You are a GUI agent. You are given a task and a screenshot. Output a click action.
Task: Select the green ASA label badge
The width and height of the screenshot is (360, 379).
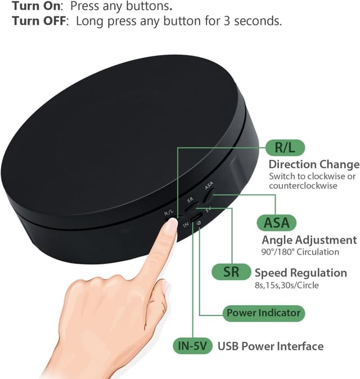[276, 222]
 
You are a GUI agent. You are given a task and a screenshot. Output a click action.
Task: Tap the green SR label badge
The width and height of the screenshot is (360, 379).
[231, 272]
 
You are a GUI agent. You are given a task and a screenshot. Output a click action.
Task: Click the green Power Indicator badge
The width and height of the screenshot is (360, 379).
[263, 313]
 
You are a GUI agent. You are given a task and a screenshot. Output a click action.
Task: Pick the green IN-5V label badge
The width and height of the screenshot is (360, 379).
[193, 346]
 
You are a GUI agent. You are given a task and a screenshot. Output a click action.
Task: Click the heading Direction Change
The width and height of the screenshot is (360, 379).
[313, 164]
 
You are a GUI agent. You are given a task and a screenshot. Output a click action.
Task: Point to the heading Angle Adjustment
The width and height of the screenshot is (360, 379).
[309, 240]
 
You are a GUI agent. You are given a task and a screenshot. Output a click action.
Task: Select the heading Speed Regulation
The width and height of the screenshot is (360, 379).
[300, 273]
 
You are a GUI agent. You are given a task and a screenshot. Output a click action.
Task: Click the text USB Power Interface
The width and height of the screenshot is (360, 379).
[271, 346]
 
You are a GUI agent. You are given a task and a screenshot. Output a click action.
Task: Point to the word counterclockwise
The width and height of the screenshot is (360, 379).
[303, 185]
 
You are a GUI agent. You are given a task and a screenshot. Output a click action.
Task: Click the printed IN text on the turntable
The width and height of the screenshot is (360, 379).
[185, 224]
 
